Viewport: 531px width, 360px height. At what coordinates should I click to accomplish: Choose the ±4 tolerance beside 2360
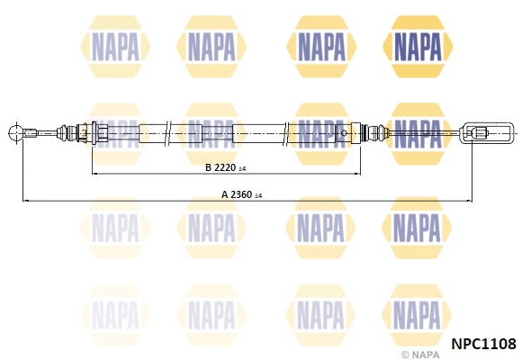(x=259, y=194)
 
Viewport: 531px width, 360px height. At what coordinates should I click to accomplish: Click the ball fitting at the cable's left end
(x=15, y=134)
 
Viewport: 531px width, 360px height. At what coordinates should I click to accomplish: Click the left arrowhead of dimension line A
(x=24, y=199)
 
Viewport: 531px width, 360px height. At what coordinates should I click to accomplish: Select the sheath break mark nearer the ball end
(x=170, y=134)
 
